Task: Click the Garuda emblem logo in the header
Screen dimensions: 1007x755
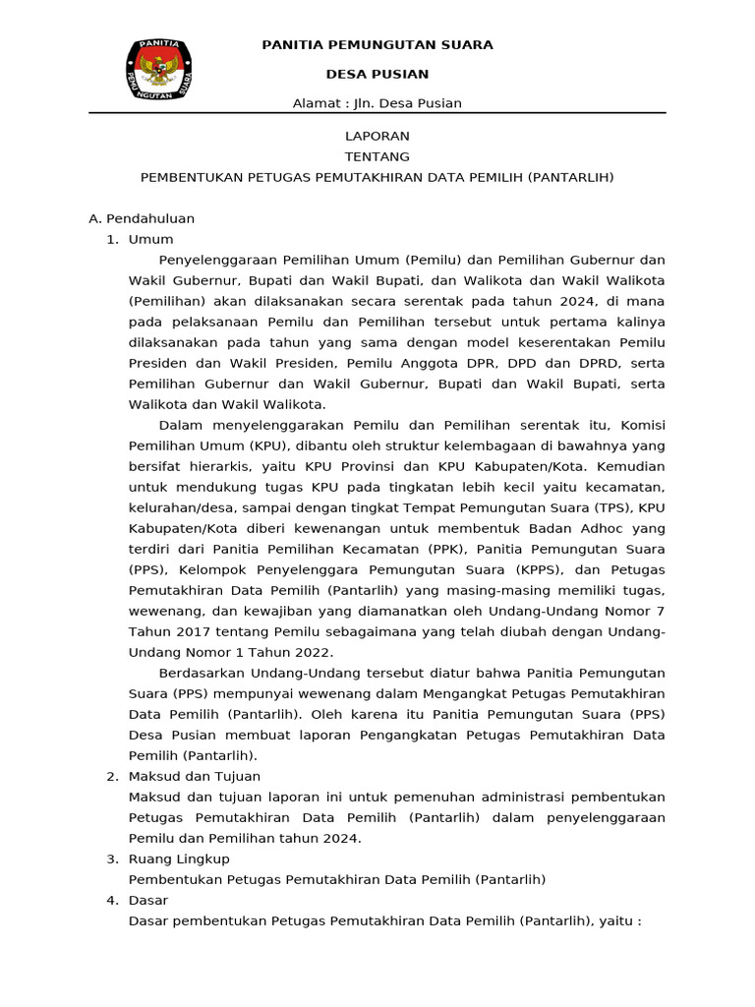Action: [158, 70]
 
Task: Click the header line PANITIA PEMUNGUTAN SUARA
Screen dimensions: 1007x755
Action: [377, 45]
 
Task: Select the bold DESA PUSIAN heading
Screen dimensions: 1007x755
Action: [377, 75]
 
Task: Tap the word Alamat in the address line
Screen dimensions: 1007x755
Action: [318, 104]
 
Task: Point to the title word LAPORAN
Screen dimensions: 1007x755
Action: [377, 137]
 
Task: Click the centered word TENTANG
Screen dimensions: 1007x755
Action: [377, 157]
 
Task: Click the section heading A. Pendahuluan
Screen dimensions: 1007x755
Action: [142, 219]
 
